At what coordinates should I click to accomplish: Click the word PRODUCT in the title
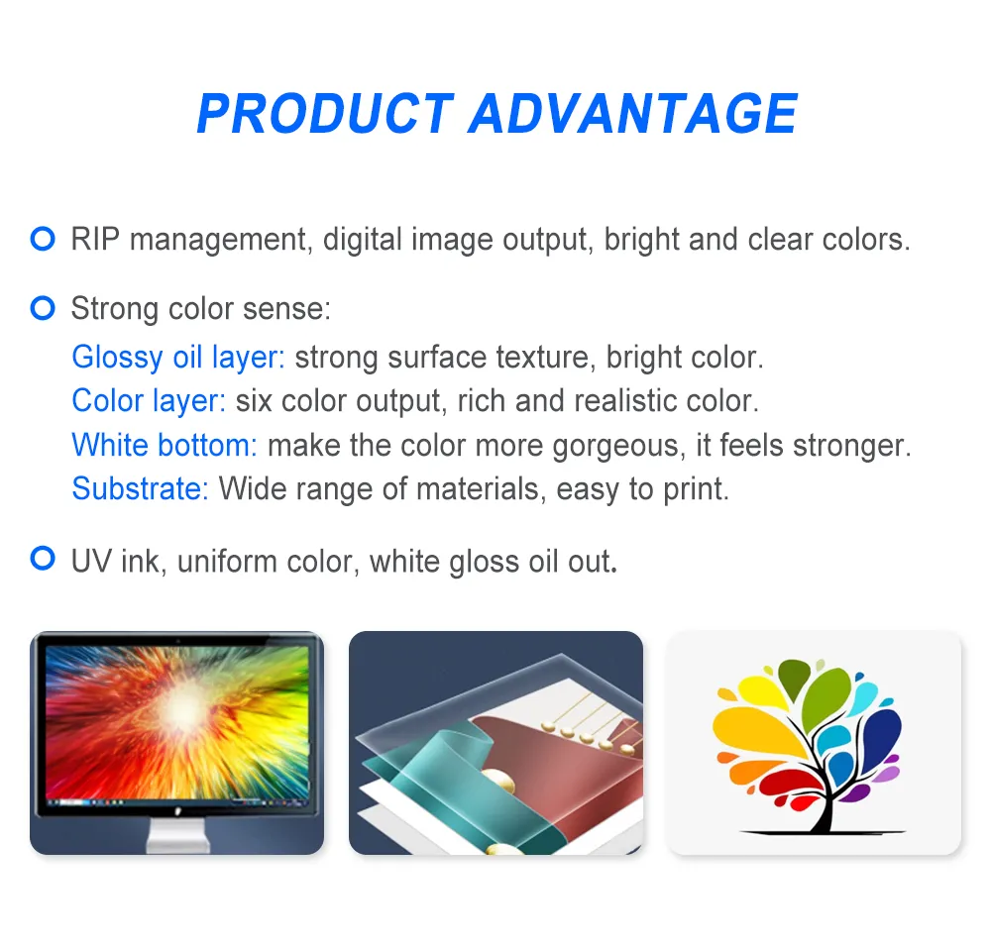click(x=324, y=114)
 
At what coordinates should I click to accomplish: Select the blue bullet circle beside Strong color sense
click(x=43, y=308)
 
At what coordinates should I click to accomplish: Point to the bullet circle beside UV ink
click(x=43, y=560)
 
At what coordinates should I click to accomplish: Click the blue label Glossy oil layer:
click(x=178, y=357)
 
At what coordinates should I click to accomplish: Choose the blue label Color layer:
click(x=149, y=401)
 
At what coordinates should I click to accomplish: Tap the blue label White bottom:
click(x=165, y=445)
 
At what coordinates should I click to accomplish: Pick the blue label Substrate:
click(x=140, y=488)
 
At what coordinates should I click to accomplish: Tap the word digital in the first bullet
click(x=362, y=240)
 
